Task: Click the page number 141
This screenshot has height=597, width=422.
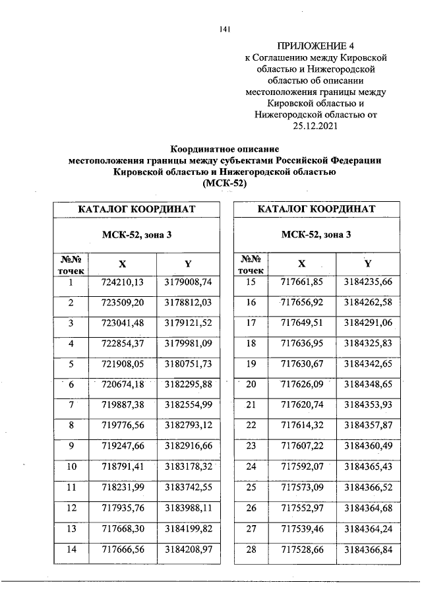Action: point(224,28)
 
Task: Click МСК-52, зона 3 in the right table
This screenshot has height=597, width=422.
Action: point(316,235)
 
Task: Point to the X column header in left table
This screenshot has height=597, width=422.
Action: point(122,264)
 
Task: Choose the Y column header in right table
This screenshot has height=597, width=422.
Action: point(368,264)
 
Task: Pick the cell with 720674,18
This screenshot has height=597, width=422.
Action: point(122,385)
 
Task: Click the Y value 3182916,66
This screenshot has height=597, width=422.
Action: point(188,446)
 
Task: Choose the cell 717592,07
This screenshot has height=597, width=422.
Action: point(302,466)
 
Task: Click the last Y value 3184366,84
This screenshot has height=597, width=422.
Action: point(368,549)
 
